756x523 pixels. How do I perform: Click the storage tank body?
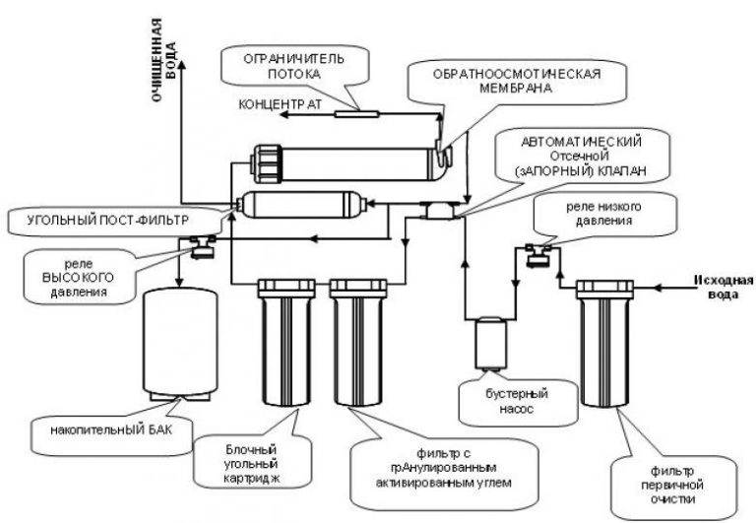point(181,340)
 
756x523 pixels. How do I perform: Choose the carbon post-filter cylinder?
point(301,205)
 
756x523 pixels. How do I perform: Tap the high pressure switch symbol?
point(205,247)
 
